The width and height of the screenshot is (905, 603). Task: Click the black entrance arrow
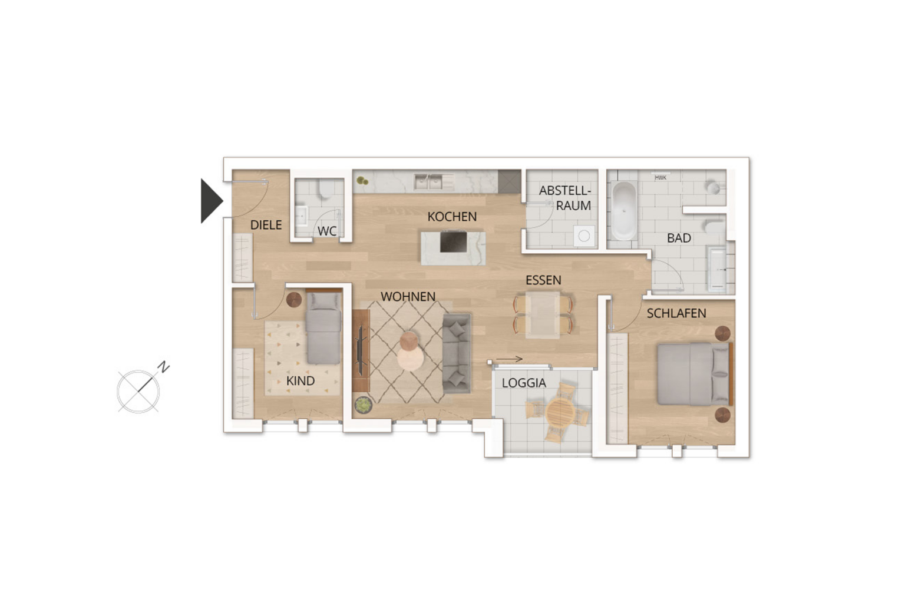[x=210, y=201]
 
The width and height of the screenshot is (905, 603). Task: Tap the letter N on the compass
[x=163, y=367]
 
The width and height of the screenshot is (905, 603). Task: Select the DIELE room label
[x=266, y=225]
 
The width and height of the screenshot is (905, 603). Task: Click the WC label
[x=327, y=231]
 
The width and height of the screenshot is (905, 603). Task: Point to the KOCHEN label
[x=452, y=217]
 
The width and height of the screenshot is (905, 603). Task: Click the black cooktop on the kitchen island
[x=454, y=241]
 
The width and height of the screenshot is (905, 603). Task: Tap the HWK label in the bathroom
[x=660, y=178]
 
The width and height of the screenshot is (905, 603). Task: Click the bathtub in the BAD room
[x=624, y=211]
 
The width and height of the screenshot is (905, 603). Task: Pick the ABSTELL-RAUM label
[x=565, y=198]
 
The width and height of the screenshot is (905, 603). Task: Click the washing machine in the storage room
[x=584, y=236]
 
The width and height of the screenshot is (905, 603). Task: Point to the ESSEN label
[x=543, y=280]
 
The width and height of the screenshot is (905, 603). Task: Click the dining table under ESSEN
[x=543, y=315]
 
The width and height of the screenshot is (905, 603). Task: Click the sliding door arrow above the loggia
[x=509, y=359]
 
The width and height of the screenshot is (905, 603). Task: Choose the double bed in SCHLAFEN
[x=694, y=374]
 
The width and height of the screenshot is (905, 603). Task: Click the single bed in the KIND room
[x=323, y=329]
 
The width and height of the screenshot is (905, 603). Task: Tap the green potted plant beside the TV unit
[x=363, y=405]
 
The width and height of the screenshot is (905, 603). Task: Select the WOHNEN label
[x=408, y=297]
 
